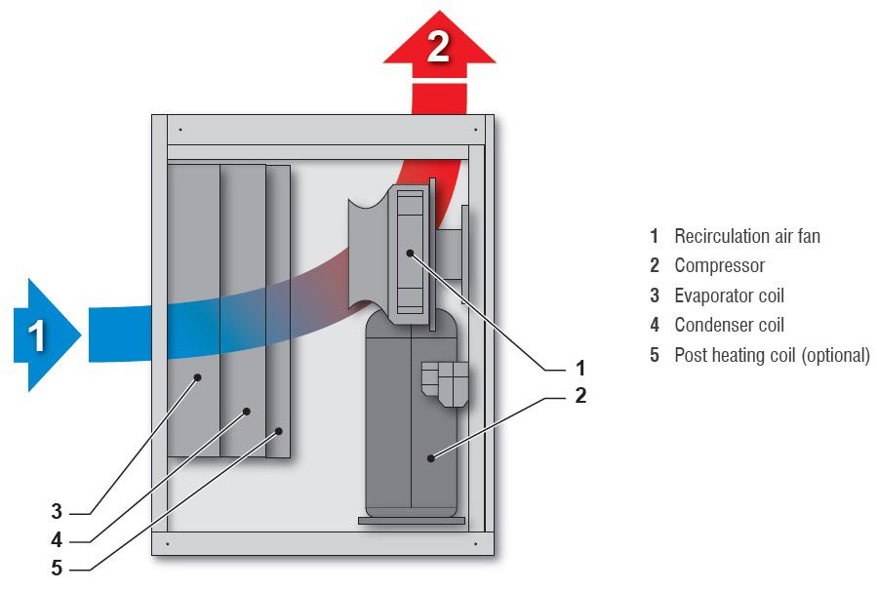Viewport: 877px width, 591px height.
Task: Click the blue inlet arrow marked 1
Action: tap(44, 335)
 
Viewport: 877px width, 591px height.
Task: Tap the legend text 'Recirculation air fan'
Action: tap(746, 236)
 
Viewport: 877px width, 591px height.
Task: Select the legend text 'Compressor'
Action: tap(719, 265)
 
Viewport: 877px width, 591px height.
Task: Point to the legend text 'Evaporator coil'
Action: tap(729, 295)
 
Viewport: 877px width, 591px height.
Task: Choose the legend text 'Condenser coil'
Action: tap(729, 325)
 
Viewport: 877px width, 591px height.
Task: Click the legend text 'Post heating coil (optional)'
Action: tap(771, 355)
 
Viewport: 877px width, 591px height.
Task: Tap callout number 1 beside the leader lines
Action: tap(580, 369)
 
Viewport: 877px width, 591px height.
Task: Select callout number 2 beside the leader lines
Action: tap(580, 396)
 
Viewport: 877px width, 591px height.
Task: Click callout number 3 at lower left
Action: tap(57, 511)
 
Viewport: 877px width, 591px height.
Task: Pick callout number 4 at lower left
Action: tap(57, 538)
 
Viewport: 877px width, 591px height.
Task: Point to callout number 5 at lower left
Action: tap(57, 567)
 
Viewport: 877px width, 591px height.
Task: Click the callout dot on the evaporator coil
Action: tap(197, 376)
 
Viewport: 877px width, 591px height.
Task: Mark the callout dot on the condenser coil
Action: tap(246, 412)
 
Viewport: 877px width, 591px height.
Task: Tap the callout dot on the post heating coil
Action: tap(279, 430)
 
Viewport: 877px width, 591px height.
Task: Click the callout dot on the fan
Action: tap(411, 254)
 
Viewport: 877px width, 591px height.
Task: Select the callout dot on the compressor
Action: tap(429, 455)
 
